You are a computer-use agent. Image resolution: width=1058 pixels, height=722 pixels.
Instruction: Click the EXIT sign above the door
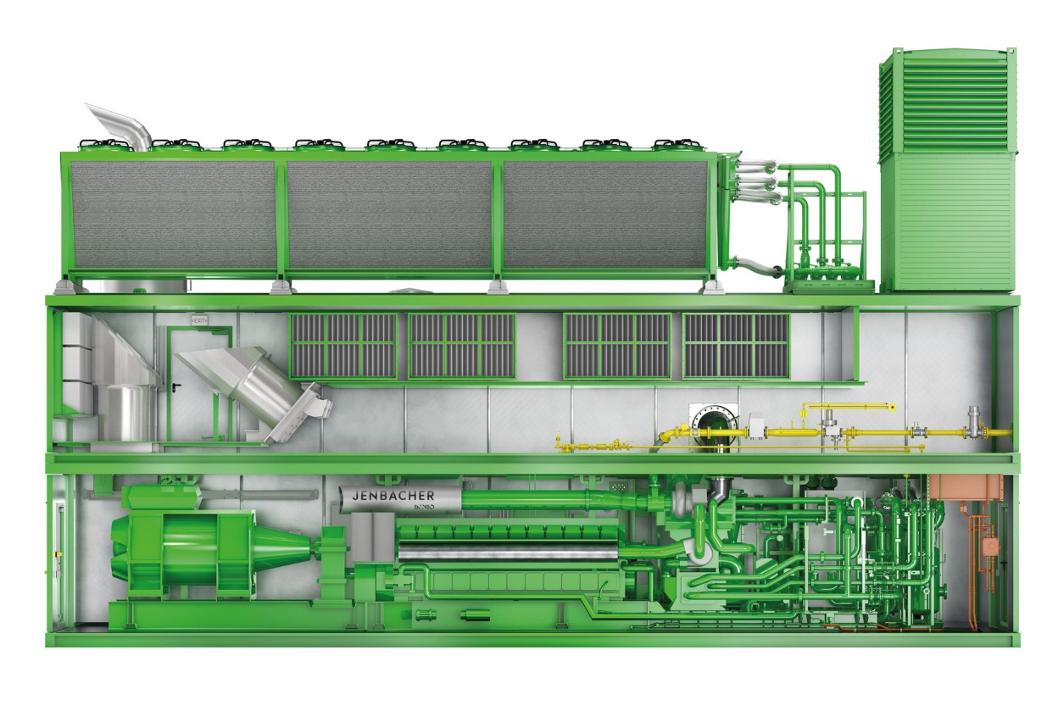(199, 320)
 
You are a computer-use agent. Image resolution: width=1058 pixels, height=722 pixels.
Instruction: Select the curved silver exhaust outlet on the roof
(120, 125)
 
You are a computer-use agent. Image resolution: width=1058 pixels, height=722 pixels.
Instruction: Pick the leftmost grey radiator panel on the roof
(174, 214)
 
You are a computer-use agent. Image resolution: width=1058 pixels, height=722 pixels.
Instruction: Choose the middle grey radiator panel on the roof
(389, 214)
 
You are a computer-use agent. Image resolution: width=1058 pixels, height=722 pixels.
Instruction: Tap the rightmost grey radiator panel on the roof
(607, 214)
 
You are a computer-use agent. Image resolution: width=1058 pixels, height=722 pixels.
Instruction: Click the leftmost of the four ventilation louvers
(343, 345)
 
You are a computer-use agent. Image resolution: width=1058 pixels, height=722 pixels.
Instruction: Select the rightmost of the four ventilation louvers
(736, 345)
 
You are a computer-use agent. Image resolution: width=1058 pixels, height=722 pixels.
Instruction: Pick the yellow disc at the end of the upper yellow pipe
(893, 407)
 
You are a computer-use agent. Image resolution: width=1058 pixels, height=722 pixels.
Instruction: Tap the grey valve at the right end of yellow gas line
(974, 419)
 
